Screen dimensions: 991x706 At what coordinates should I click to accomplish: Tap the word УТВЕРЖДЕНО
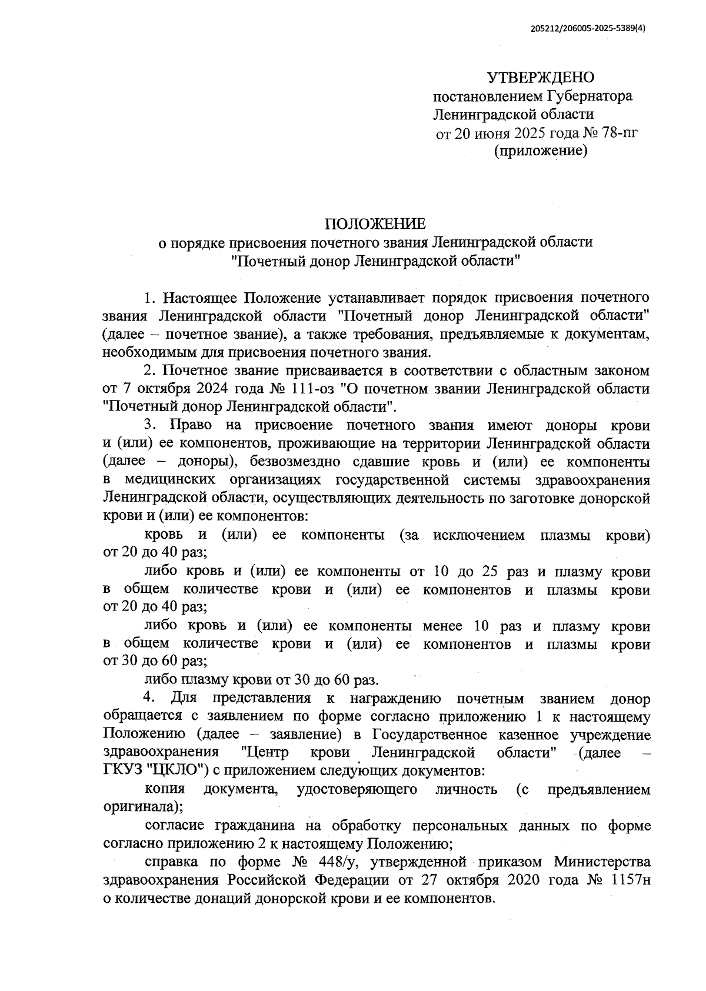coord(541,78)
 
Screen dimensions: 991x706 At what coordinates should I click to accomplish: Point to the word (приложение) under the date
coord(541,152)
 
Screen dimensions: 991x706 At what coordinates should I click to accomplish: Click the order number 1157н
coord(631,881)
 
